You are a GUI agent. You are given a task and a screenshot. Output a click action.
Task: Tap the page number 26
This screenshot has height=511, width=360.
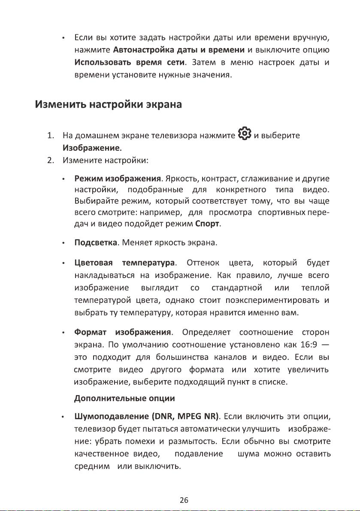coord(184,499)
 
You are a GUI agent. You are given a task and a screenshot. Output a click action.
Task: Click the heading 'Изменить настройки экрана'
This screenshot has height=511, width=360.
coord(109,105)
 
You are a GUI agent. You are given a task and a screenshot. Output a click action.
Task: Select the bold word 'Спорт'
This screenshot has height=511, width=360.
coord(208,224)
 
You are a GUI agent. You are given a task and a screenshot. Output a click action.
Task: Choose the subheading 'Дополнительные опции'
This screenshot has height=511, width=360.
coord(124,397)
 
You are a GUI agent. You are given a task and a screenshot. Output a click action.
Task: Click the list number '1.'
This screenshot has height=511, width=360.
coord(51,136)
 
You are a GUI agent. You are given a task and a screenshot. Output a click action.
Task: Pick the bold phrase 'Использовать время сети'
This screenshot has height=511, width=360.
coord(130,64)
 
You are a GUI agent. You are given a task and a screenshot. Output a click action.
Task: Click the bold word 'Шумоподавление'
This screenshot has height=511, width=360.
coord(112,416)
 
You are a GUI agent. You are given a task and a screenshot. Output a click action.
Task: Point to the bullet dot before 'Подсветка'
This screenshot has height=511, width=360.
coord(63,244)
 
